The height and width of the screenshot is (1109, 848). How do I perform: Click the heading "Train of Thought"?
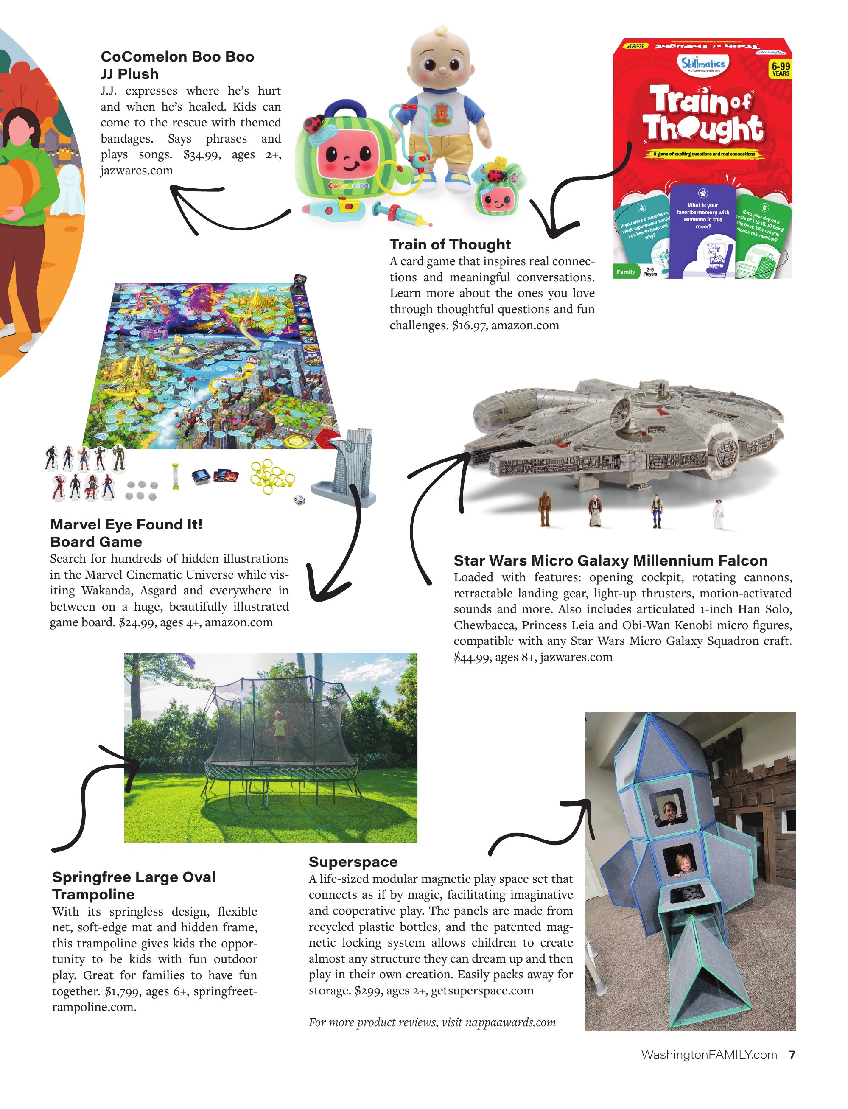(x=450, y=245)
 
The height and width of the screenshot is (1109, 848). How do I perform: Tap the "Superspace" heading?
(x=353, y=862)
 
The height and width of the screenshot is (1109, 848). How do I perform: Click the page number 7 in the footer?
(x=792, y=1055)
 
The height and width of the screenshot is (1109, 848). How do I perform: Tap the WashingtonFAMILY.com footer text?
(x=709, y=1055)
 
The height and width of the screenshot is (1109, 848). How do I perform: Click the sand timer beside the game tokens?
(x=175, y=476)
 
